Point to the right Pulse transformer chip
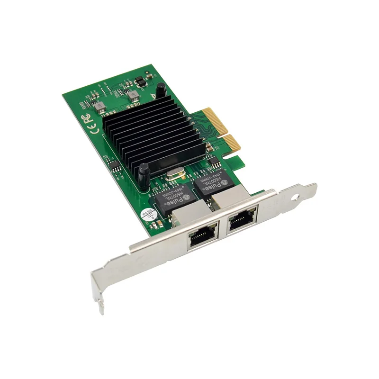212,183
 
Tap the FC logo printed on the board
89,117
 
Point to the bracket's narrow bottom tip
101,308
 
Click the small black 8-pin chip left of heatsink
114,165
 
